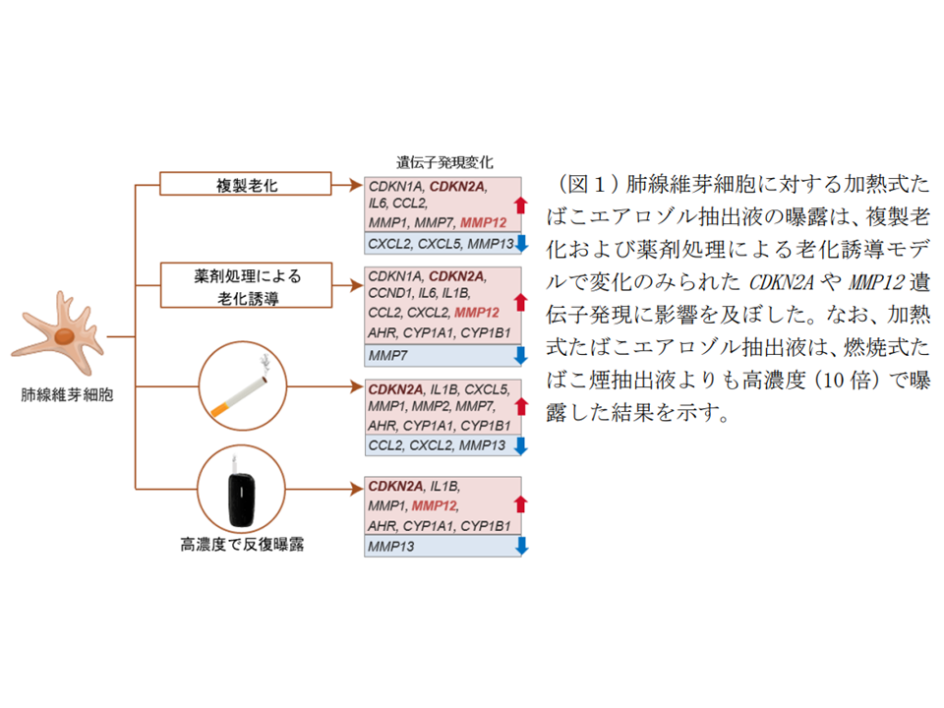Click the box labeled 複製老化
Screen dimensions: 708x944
[246, 184]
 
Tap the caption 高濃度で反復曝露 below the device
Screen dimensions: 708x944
[242, 543]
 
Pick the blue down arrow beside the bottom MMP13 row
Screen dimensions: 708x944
[521, 545]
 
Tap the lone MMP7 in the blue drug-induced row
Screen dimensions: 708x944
[387, 353]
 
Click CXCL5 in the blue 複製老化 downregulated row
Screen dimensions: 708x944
[441, 243]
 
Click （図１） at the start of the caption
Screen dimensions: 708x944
[588, 184]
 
